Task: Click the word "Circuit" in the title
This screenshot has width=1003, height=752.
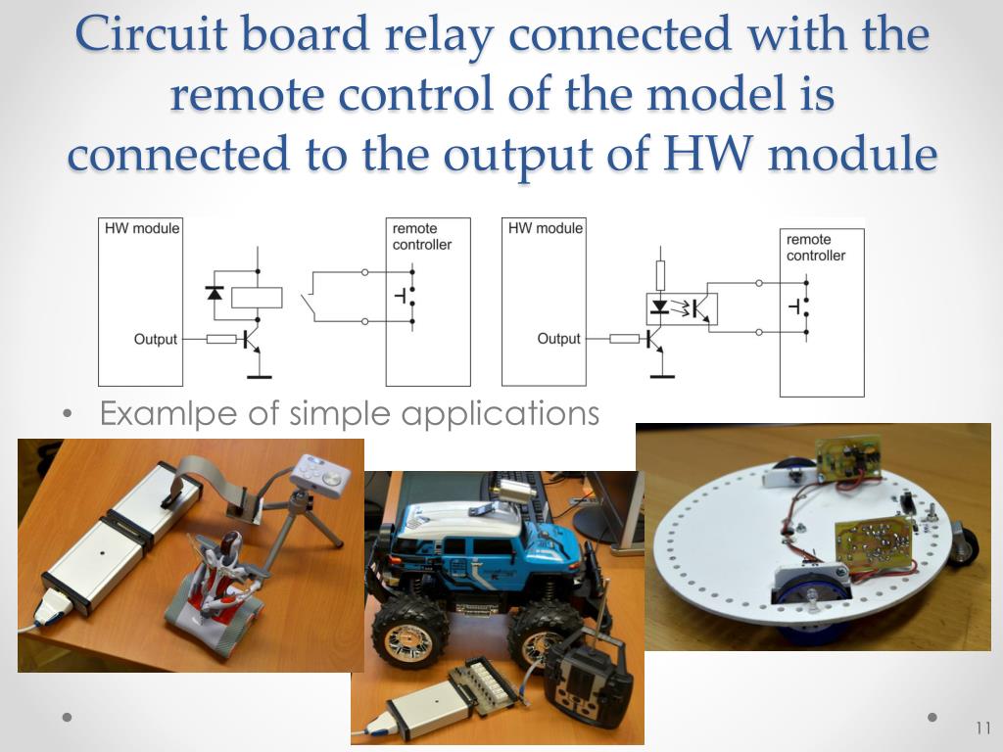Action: (151, 33)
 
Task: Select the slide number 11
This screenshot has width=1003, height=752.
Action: (983, 728)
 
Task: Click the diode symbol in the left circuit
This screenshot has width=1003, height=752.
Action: (215, 293)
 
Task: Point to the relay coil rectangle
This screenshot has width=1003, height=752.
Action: (257, 298)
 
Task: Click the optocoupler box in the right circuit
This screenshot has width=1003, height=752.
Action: (682, 308)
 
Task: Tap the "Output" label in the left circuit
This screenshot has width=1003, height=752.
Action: (156, 339)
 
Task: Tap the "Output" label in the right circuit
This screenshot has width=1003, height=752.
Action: (559, 338)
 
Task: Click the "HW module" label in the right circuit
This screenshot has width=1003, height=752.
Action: (546, 228)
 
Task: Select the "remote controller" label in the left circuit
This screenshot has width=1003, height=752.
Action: (422, 237)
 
